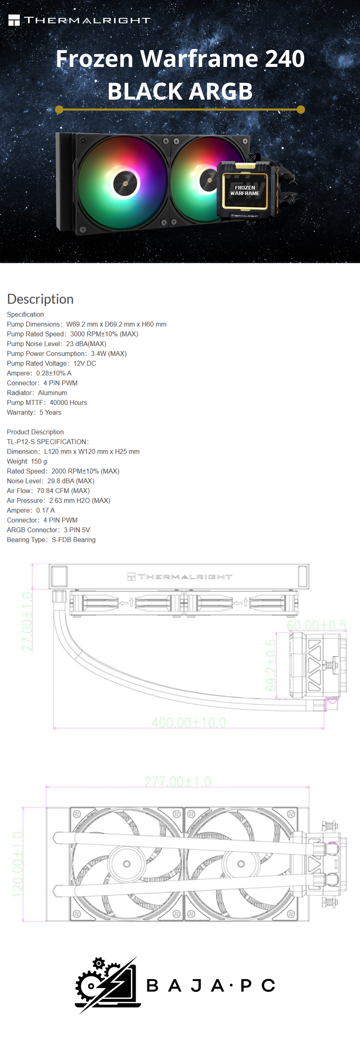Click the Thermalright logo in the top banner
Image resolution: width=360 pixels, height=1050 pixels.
[x=79, y=20]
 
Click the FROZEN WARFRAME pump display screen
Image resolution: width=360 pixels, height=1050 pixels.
[x=244, y=190]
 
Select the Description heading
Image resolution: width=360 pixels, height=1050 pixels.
[x=40, y=299]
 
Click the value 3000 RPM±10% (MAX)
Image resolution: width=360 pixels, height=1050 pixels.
[x=104, y=334]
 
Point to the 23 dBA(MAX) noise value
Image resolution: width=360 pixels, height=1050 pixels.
[x=86, y=343]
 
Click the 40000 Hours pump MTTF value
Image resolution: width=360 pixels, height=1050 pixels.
[x=68, y=402]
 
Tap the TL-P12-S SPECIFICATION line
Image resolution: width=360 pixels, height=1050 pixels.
[x=48, y=441]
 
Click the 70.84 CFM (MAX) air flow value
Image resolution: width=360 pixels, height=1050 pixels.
[x=63, y=490]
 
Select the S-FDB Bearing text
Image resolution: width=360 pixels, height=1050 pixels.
[x=73, y=539]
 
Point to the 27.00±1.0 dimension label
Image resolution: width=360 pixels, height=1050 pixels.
[x=27, y=621]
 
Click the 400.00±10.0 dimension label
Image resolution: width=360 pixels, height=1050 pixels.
[x=189, y=723]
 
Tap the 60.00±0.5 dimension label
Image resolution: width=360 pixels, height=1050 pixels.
[x=316, y=625]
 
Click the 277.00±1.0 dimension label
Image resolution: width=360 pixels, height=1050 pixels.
[x=178, y=782]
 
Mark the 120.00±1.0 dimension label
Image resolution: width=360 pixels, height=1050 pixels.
[x=18, y=864]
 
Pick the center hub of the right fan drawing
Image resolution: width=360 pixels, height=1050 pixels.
[x=241, y=864]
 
